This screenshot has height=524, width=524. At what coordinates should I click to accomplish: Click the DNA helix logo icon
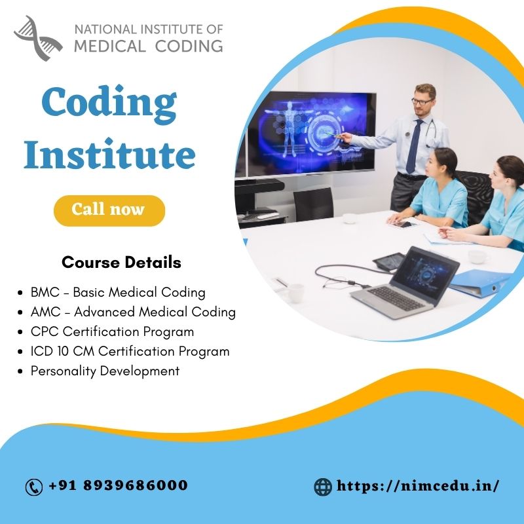coord(38,37)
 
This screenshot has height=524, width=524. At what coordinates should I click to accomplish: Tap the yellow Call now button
coord(109,210)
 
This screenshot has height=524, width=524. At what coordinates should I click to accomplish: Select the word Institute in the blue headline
coord(109,156)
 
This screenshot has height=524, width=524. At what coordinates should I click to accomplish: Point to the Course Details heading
coord(121,263)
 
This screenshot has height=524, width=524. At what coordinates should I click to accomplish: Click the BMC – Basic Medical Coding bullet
coord(118,292)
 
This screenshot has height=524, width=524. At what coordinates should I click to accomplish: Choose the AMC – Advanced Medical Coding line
coord(133,312)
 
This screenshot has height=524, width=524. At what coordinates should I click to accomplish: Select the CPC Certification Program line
coord(112,331)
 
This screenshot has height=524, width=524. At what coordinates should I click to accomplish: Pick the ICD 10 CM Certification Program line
coord(130,351)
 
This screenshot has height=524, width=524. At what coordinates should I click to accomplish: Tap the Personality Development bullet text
coord(105,371)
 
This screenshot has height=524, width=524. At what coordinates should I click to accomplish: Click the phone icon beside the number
coord(33,487)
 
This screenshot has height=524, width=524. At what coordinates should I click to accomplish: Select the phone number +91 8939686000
coord(118,486)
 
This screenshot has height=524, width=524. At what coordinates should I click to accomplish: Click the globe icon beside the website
coord(323,487)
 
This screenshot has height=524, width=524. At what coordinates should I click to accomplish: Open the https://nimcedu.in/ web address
coord(418,486)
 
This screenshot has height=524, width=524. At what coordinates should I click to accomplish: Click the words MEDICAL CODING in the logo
coord(148,45)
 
